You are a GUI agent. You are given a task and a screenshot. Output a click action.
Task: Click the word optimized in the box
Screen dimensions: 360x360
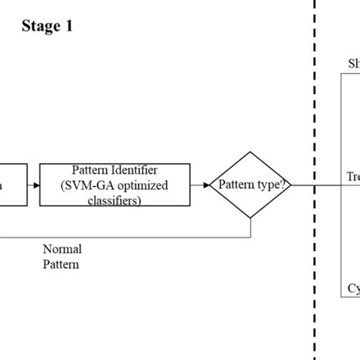pos(146,185)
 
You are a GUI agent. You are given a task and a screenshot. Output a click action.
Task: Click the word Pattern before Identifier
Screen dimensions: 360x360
pos(91,169)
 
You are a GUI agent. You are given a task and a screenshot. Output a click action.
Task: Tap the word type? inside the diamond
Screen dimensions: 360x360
pos(272,185)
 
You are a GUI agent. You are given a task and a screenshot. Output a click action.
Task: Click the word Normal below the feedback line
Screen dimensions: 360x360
pos(62,249)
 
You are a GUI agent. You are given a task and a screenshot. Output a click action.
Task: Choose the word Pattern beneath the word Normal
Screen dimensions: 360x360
pos(61,264)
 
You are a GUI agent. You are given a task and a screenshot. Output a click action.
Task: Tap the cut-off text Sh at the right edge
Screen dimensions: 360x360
pos(353,64)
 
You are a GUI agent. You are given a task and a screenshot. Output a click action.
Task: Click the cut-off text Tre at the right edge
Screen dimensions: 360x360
pos(352,177)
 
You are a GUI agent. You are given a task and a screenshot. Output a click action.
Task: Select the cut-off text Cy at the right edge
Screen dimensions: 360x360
pos(353,289)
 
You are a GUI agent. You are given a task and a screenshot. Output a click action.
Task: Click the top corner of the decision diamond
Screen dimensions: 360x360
pos(251,150)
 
